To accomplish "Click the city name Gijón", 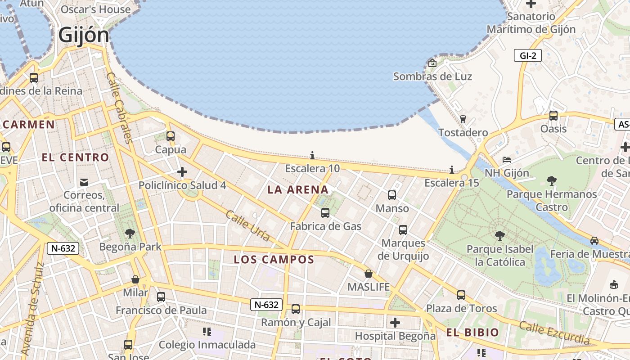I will [x=84, y=35].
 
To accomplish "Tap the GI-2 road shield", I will [x=527, y=55].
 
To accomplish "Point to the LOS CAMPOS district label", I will [x=274, y=259].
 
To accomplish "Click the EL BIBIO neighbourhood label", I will [x=472, y=333].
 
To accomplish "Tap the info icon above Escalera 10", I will [x=312, y=156].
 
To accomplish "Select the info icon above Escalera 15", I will [x=452, y=170].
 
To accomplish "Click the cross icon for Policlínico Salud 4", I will [x=182, y=172].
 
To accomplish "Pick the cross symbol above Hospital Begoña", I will [x=395, y=323].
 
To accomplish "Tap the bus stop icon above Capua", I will [x=171, y=136].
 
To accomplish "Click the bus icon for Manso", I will [x=392, y=195].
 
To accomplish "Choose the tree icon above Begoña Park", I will [x=130, y=233].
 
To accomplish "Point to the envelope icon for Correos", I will [x=84, y=182].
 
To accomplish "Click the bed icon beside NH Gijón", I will [x=507, y=160].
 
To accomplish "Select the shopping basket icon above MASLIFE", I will [x=369, y=274].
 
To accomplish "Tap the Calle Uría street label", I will [x=248, y=225].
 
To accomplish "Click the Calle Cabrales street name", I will [x=119, y=108].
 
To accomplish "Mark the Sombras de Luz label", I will [x=432, y=76].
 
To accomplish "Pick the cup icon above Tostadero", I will [x=463, y=119].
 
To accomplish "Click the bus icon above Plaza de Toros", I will [x=461, y=295].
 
